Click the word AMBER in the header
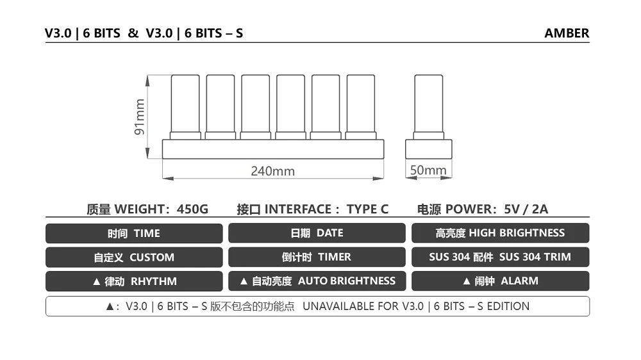pyautogui.click(x=567, y=33)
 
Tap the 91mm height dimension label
pyautogui.click(x=140, y=117)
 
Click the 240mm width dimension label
pyautogui.click(x=272, y=171)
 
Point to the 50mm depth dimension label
pyautogui.click(x=428, y=170)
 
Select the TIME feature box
pyautogui.click(x=134, y=233)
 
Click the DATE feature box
pyautogui.click(x=317, y=233)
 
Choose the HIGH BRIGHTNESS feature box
pyautogui.click(x=500, y=233)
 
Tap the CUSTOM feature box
pyautogui.click(x=134, y=258)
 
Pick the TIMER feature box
pyautogui.click(x=317, y=257)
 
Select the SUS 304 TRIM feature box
pyautogui.click(x=500, y=257)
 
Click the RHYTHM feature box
pyautogui.click(x=134, y=281)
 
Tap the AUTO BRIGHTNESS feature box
pyautogui.click(x=317, y=281)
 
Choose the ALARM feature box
pyautogui.click(x=500, y=281)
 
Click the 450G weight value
pyautogui.click(x=192, y=209)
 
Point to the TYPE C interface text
pyautogui.click(x=367, y=209)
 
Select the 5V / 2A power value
pyautogui.click(x=526, y=209)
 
